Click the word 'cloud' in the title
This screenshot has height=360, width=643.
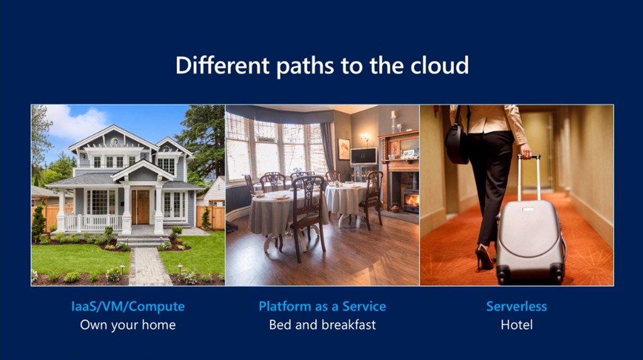(x=440, y=65)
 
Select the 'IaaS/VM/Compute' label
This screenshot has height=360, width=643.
(x=128, y=306)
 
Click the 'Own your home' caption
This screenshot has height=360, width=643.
(x=128, y=325)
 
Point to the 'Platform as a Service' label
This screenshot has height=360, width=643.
(x=322, y=306)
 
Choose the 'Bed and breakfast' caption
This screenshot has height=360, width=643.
(x=322, y=325)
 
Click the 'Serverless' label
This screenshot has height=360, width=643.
(x=517, y=306)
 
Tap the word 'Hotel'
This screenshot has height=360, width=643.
(x=517, y=325)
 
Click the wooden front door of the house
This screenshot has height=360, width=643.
(x=141, y=207)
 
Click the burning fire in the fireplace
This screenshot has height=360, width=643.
(x=412, y=200)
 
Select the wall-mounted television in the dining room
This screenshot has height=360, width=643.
(x=364, y=156)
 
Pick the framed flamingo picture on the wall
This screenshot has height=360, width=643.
(x=343, y=149)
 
